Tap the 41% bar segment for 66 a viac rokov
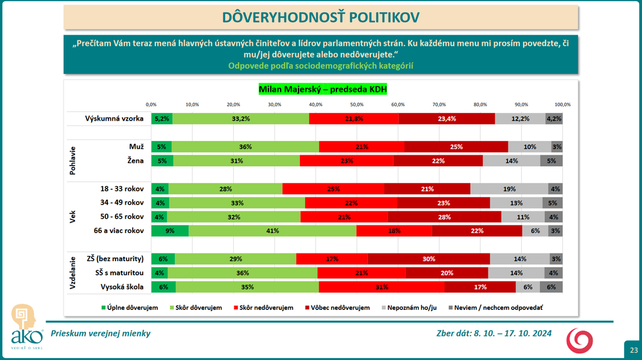272,231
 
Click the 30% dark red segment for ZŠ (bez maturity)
428,259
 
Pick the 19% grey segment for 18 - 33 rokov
509,189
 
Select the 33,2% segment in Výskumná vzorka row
241,118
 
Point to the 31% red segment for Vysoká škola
381,287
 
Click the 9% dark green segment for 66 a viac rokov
170,231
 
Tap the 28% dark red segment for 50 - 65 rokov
445,217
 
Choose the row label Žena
135,160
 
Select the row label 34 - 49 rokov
122,203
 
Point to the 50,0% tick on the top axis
357,104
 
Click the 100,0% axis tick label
562,104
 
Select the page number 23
633,350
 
